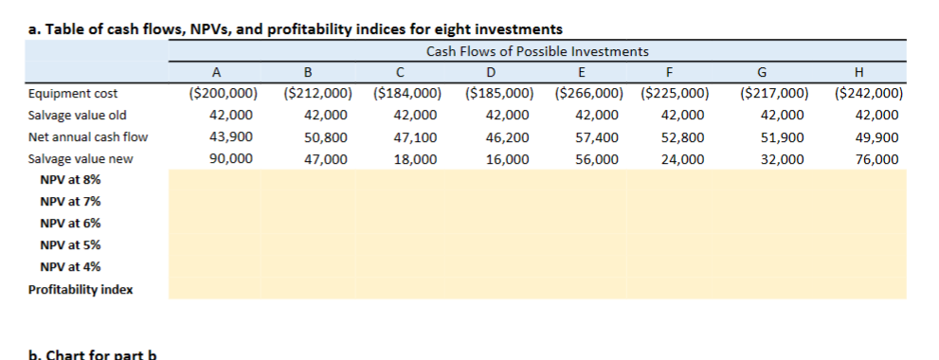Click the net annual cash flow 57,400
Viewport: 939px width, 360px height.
click(x=599, y=137)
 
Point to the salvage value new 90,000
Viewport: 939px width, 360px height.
click(x=231, y=159)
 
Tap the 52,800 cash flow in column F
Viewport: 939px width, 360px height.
click(x=684, y=137)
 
